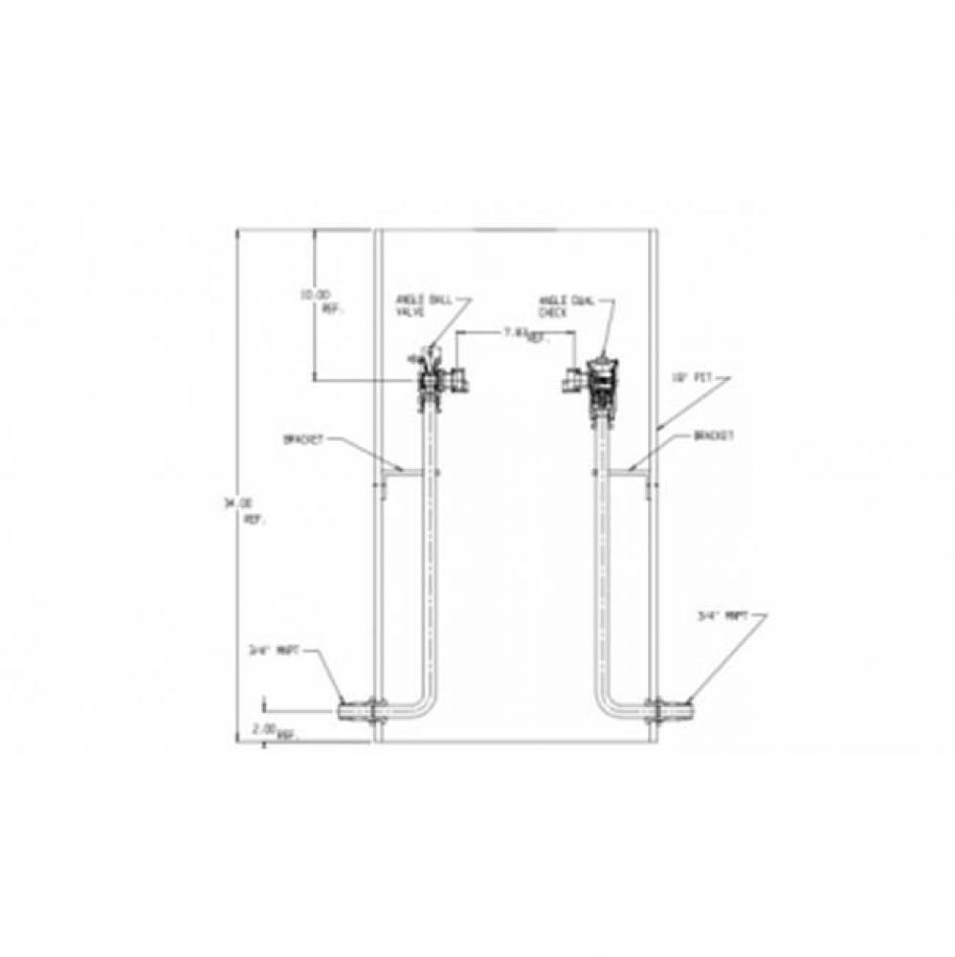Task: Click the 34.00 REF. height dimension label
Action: point(253,508)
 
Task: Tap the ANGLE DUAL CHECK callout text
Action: point(566,304)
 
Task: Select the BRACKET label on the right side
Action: point(714,435)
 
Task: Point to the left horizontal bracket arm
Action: point(403,470)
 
